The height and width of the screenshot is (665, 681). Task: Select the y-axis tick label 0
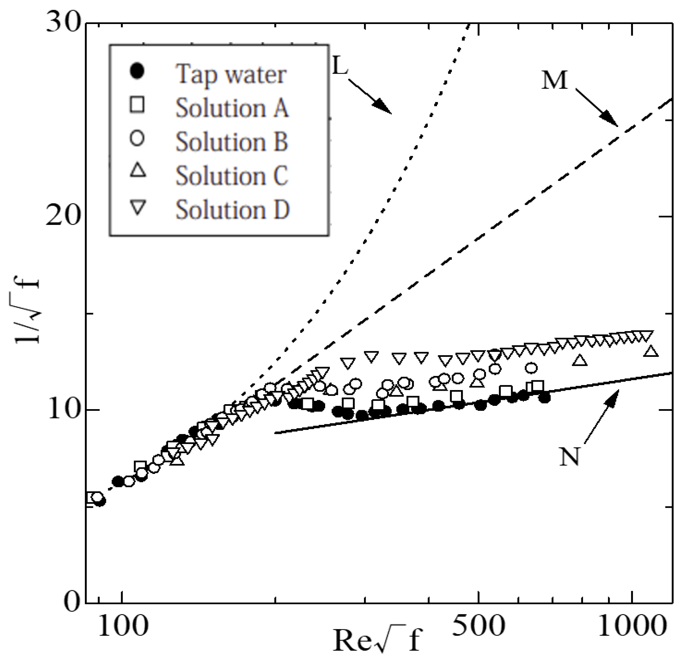[73, 603]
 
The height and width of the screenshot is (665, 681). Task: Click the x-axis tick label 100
[123, 627]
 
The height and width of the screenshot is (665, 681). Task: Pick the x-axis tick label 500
[478, 627]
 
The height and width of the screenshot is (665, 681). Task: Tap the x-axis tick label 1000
[632, 627]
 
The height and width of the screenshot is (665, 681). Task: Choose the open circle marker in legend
[137, 139]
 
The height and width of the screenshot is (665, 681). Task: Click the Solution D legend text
[232, 210]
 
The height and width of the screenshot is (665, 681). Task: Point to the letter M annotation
[555, 80]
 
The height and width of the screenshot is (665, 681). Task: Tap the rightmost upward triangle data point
[651, 352]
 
